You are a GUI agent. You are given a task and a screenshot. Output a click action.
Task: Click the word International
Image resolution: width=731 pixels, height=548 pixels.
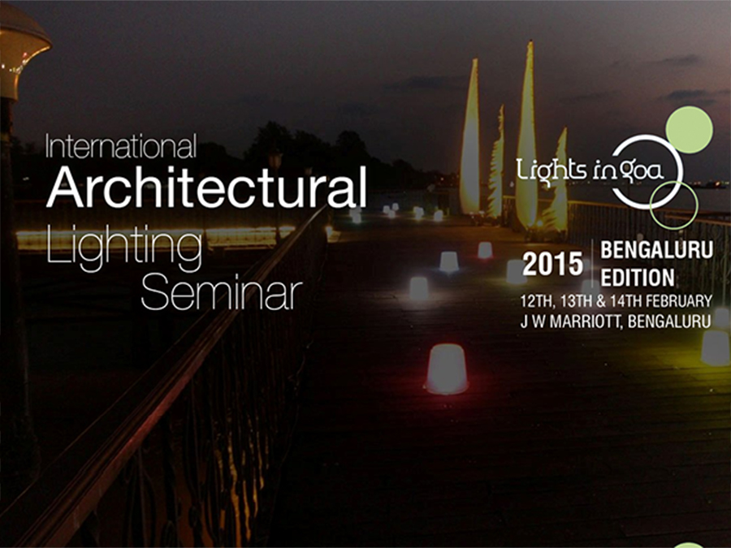click(121, 146)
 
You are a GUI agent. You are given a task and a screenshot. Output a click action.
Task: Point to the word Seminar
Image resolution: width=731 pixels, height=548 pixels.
click(222, 293)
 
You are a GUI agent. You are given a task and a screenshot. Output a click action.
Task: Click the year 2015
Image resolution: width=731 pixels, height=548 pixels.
click(552, 264)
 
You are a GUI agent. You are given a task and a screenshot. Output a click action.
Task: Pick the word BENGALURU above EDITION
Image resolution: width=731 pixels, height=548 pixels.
click(656, 250)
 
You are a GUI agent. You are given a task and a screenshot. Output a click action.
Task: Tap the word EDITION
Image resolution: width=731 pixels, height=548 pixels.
click(638, 278)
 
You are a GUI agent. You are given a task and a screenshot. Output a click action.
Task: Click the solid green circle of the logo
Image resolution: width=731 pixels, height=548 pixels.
click(689, 130)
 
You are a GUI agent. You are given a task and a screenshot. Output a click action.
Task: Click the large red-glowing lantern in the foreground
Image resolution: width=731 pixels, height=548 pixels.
click(446, 369)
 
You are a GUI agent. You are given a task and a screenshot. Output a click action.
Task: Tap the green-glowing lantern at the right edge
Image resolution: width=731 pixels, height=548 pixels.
click(716, 347)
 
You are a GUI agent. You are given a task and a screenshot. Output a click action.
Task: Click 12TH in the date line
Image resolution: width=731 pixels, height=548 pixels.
click(536, 301)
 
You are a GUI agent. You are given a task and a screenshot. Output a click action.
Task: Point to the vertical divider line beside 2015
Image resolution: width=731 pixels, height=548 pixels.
click(592, 264)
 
